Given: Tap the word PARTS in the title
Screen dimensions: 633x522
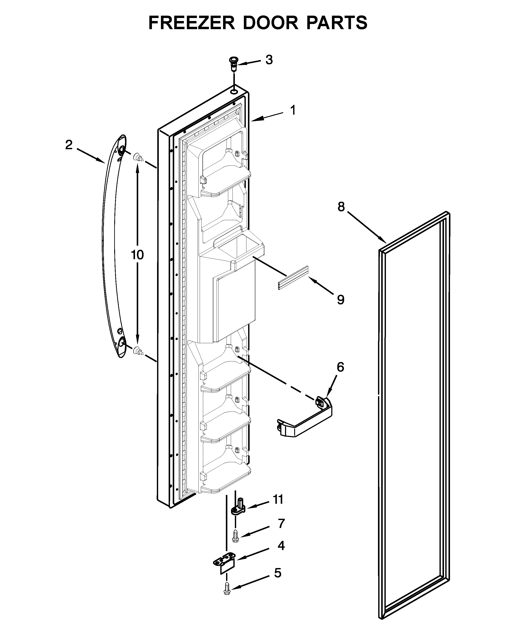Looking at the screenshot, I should pyautogui.click(x=337, y=23).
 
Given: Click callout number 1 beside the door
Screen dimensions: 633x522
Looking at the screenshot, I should pyautogui.click(x=292, y=110).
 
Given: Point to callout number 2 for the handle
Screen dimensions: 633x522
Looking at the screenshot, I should pyautogui.click(x=69, y=145).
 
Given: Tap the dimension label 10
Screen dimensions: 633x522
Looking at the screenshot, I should pyautogui.click(x=137, y=255).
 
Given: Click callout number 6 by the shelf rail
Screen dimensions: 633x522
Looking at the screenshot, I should pyautogui.click(x=340, y=367).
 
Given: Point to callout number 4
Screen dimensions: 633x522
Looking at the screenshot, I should pyautogui.click(x=281, y=546).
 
